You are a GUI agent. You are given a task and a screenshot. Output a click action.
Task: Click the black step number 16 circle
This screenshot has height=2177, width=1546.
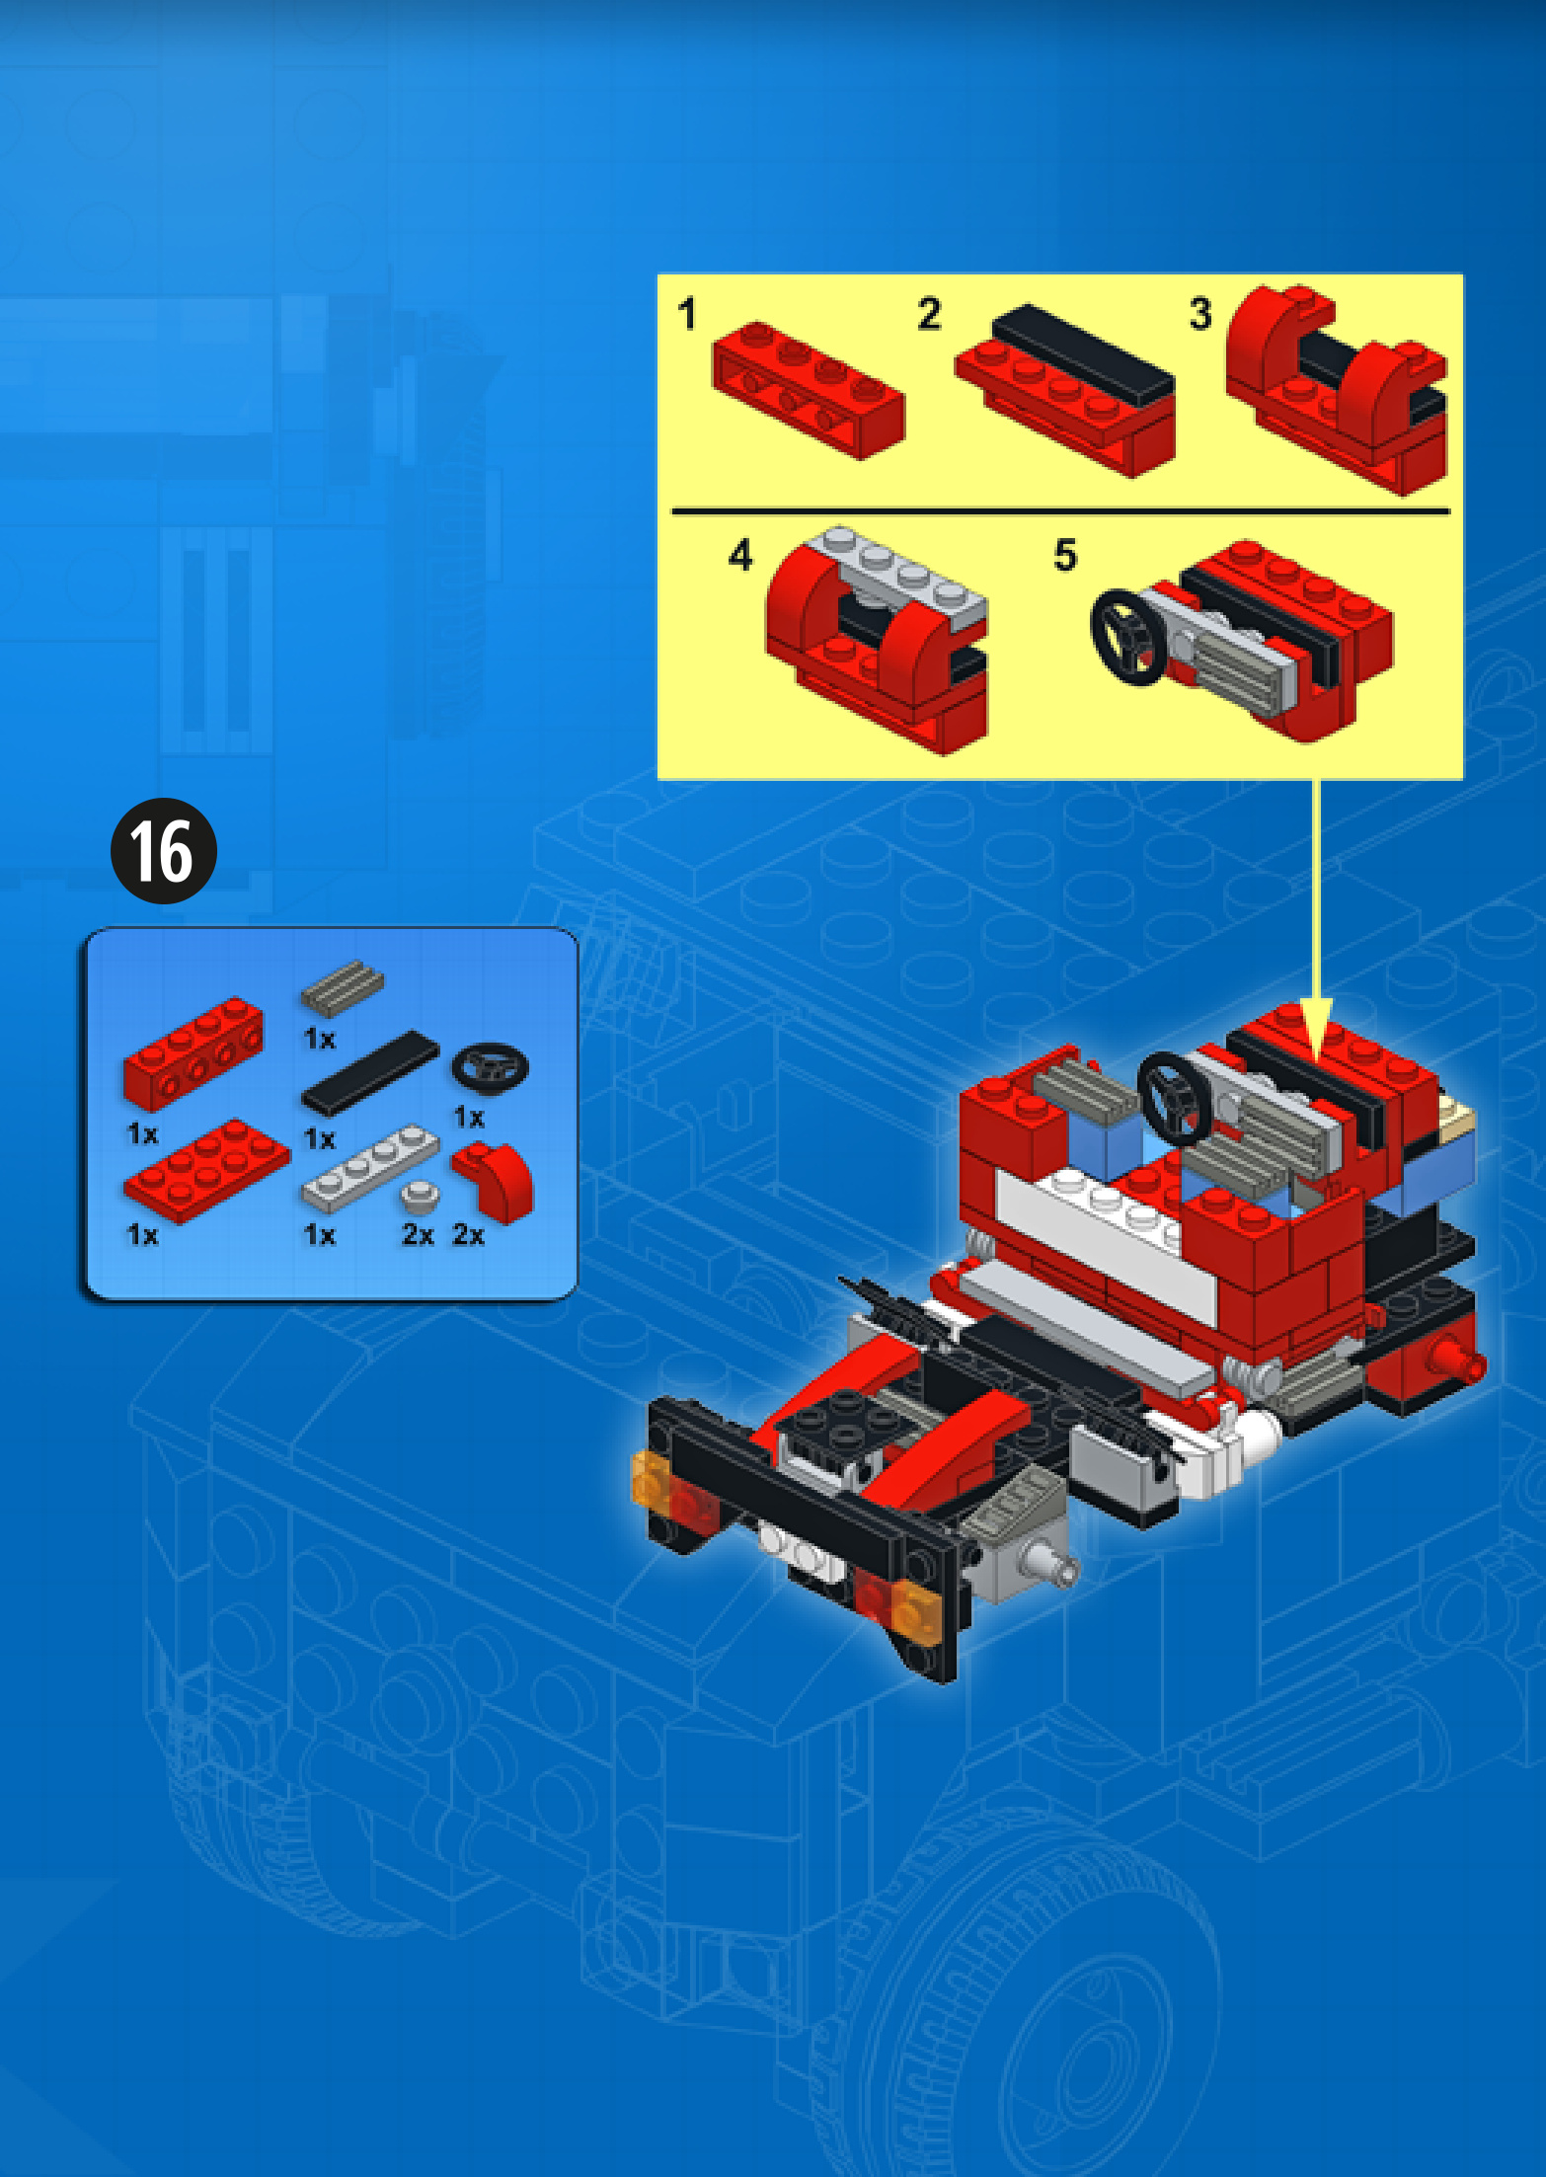click(163, 851)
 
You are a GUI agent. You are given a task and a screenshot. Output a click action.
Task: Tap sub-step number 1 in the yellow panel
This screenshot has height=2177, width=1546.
click(687, 315)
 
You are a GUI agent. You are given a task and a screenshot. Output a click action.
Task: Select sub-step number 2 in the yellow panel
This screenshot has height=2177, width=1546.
click(929, 314)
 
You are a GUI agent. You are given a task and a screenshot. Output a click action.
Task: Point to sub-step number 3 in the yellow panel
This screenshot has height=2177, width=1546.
click(1199, 314)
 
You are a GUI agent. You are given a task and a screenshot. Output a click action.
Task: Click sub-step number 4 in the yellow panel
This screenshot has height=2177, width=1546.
click(740, 556)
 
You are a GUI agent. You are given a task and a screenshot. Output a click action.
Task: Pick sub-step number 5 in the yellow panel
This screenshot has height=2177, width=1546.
click(1065, 556)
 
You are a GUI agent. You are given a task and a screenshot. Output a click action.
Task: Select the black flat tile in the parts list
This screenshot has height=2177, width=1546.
click(370, 1071)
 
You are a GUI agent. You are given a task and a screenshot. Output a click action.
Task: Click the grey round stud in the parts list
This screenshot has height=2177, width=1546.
click(421, 1196)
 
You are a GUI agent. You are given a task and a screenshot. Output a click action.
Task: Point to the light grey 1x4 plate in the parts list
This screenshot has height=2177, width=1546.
click(369, 1169)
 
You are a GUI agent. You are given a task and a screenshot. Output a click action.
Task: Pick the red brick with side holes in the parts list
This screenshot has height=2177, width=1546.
click(193, 1052)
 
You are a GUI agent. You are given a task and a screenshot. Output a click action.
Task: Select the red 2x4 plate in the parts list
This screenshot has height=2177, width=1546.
click(207, 1170)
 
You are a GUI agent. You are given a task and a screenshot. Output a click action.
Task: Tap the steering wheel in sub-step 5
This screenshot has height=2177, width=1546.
click(1127, 637)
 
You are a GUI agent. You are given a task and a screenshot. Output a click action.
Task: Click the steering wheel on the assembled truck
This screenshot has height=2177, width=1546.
click(1176, 1098)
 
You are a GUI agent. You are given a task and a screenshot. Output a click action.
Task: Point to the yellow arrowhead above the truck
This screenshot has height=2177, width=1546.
click(1316, 1028)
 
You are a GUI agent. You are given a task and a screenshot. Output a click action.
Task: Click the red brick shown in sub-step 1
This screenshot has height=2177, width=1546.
click(809, 389)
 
